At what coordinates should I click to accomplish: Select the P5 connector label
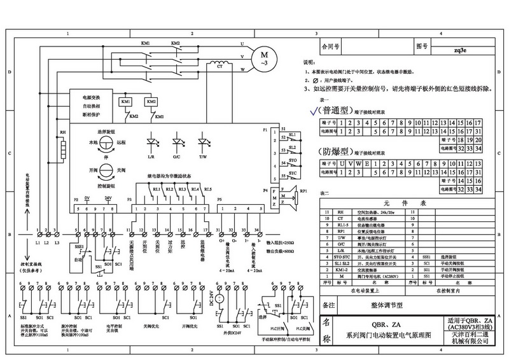[x=220, y=200]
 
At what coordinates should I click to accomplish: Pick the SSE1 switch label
[x=79, y=246]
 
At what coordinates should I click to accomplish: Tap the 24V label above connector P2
[x=108, y=198]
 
